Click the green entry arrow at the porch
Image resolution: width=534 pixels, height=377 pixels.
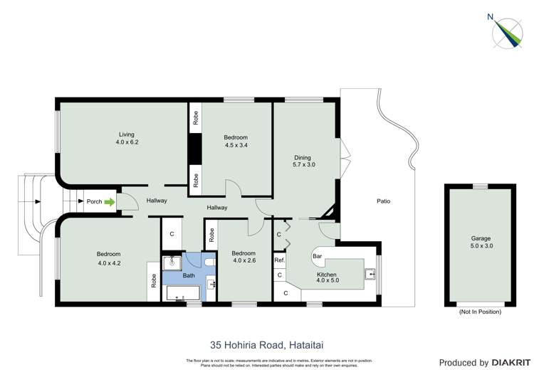(109, 202)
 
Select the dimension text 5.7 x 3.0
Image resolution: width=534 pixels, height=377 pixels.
(303, 165)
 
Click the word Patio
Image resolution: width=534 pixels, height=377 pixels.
(383, 201)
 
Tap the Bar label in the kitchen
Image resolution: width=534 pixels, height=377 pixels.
(318, 255)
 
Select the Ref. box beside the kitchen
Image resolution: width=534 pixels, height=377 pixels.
(280, 261)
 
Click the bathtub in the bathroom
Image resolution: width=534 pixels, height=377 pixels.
(184, 293)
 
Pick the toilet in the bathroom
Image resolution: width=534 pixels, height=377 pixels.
(209, 262)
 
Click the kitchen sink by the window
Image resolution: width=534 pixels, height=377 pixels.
(370, 274)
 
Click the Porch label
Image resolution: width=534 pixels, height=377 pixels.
(94, 201)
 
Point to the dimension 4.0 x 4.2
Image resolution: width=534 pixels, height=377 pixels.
(109, 262)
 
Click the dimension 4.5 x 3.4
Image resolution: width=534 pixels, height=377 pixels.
(236, 146)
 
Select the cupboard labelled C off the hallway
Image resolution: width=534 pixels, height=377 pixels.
(172, 233)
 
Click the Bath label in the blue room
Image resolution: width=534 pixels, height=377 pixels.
(189, 275)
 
